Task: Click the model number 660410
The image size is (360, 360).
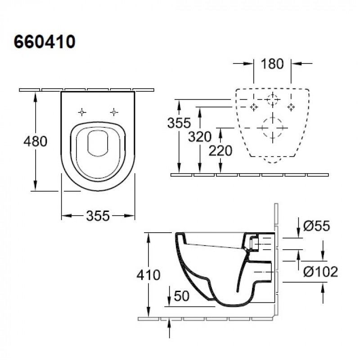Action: tap(45, 42)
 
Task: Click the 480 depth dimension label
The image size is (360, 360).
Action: tap(36, 141)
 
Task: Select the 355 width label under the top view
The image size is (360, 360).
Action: tap(98, 216)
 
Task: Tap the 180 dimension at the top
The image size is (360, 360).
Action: tap(272, 64)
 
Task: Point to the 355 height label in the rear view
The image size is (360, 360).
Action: tap(179, 123)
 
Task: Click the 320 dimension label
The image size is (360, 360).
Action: tap(200, 137)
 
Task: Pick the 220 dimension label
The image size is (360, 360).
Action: tap(220, 151)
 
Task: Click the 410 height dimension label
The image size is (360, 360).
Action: tap(148, 275)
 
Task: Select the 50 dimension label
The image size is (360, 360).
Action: tap(182, 296)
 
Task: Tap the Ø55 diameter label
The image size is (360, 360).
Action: tap(317, 226)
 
